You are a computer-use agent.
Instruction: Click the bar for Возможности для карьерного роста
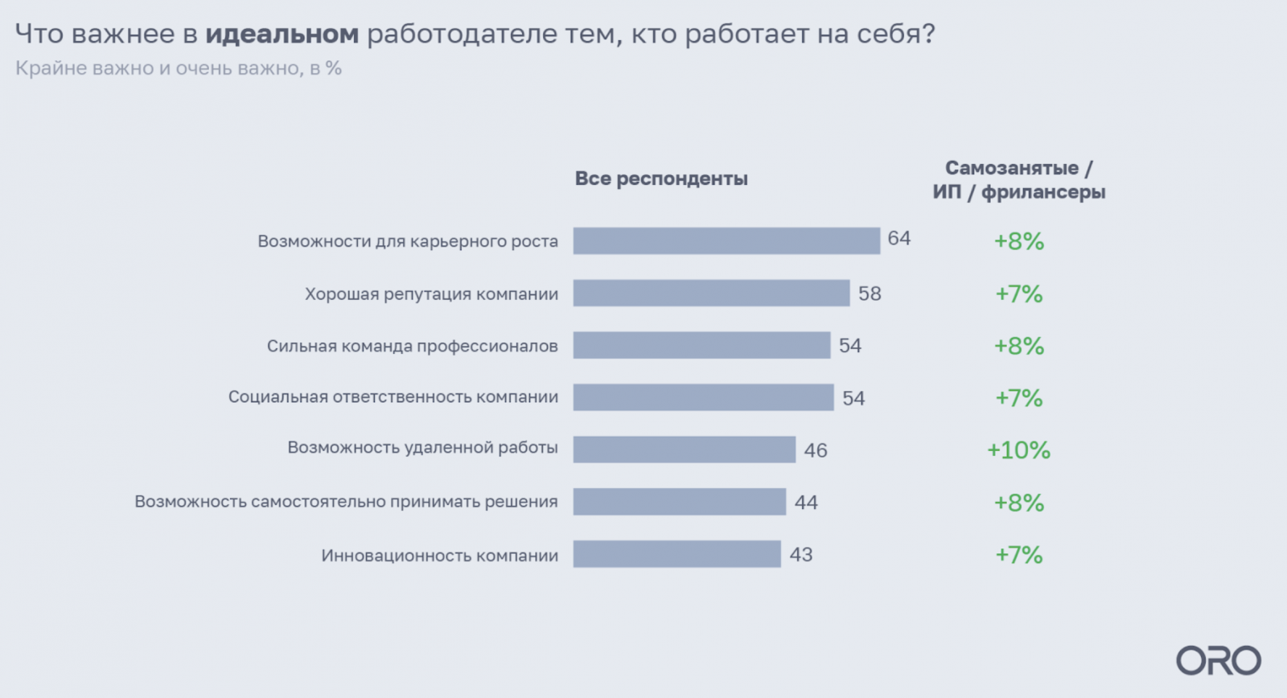click(x=726, y=240)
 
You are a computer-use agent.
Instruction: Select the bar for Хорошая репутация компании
click(x=711, y=293)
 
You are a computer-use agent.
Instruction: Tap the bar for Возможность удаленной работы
click(x=684, y=450)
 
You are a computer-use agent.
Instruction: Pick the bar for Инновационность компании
click(x=676, y=554)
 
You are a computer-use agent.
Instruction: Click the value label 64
click(x=898, y=238)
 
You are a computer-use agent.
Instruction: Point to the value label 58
click(x=870, y=294)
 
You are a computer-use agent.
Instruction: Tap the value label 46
click(x=815, y=450)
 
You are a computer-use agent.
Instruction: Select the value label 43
click(x=800, y=555)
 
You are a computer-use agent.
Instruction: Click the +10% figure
click(x=1018, y=450)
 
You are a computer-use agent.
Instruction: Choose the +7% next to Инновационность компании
click(x=1018, y=555)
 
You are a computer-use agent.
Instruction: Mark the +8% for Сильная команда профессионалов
click(x=1018, y=346)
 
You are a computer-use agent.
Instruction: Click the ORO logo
click(x=1218, y=661)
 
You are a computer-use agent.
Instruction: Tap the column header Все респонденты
click(x=661, y=179)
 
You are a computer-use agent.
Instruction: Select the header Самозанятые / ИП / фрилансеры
click(x=1018, y=180)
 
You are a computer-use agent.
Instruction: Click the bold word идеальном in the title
click(x=282, y=34)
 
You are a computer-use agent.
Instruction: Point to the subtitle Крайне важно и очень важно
click(x=179, y=68)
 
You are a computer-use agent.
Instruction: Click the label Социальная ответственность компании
click(x=393, y=396)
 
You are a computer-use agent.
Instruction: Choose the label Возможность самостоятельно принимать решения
click(x=346, y=502)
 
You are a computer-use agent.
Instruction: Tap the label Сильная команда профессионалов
click(x=412, y=346)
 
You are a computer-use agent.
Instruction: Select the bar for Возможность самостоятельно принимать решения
click(x=679, y=502)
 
